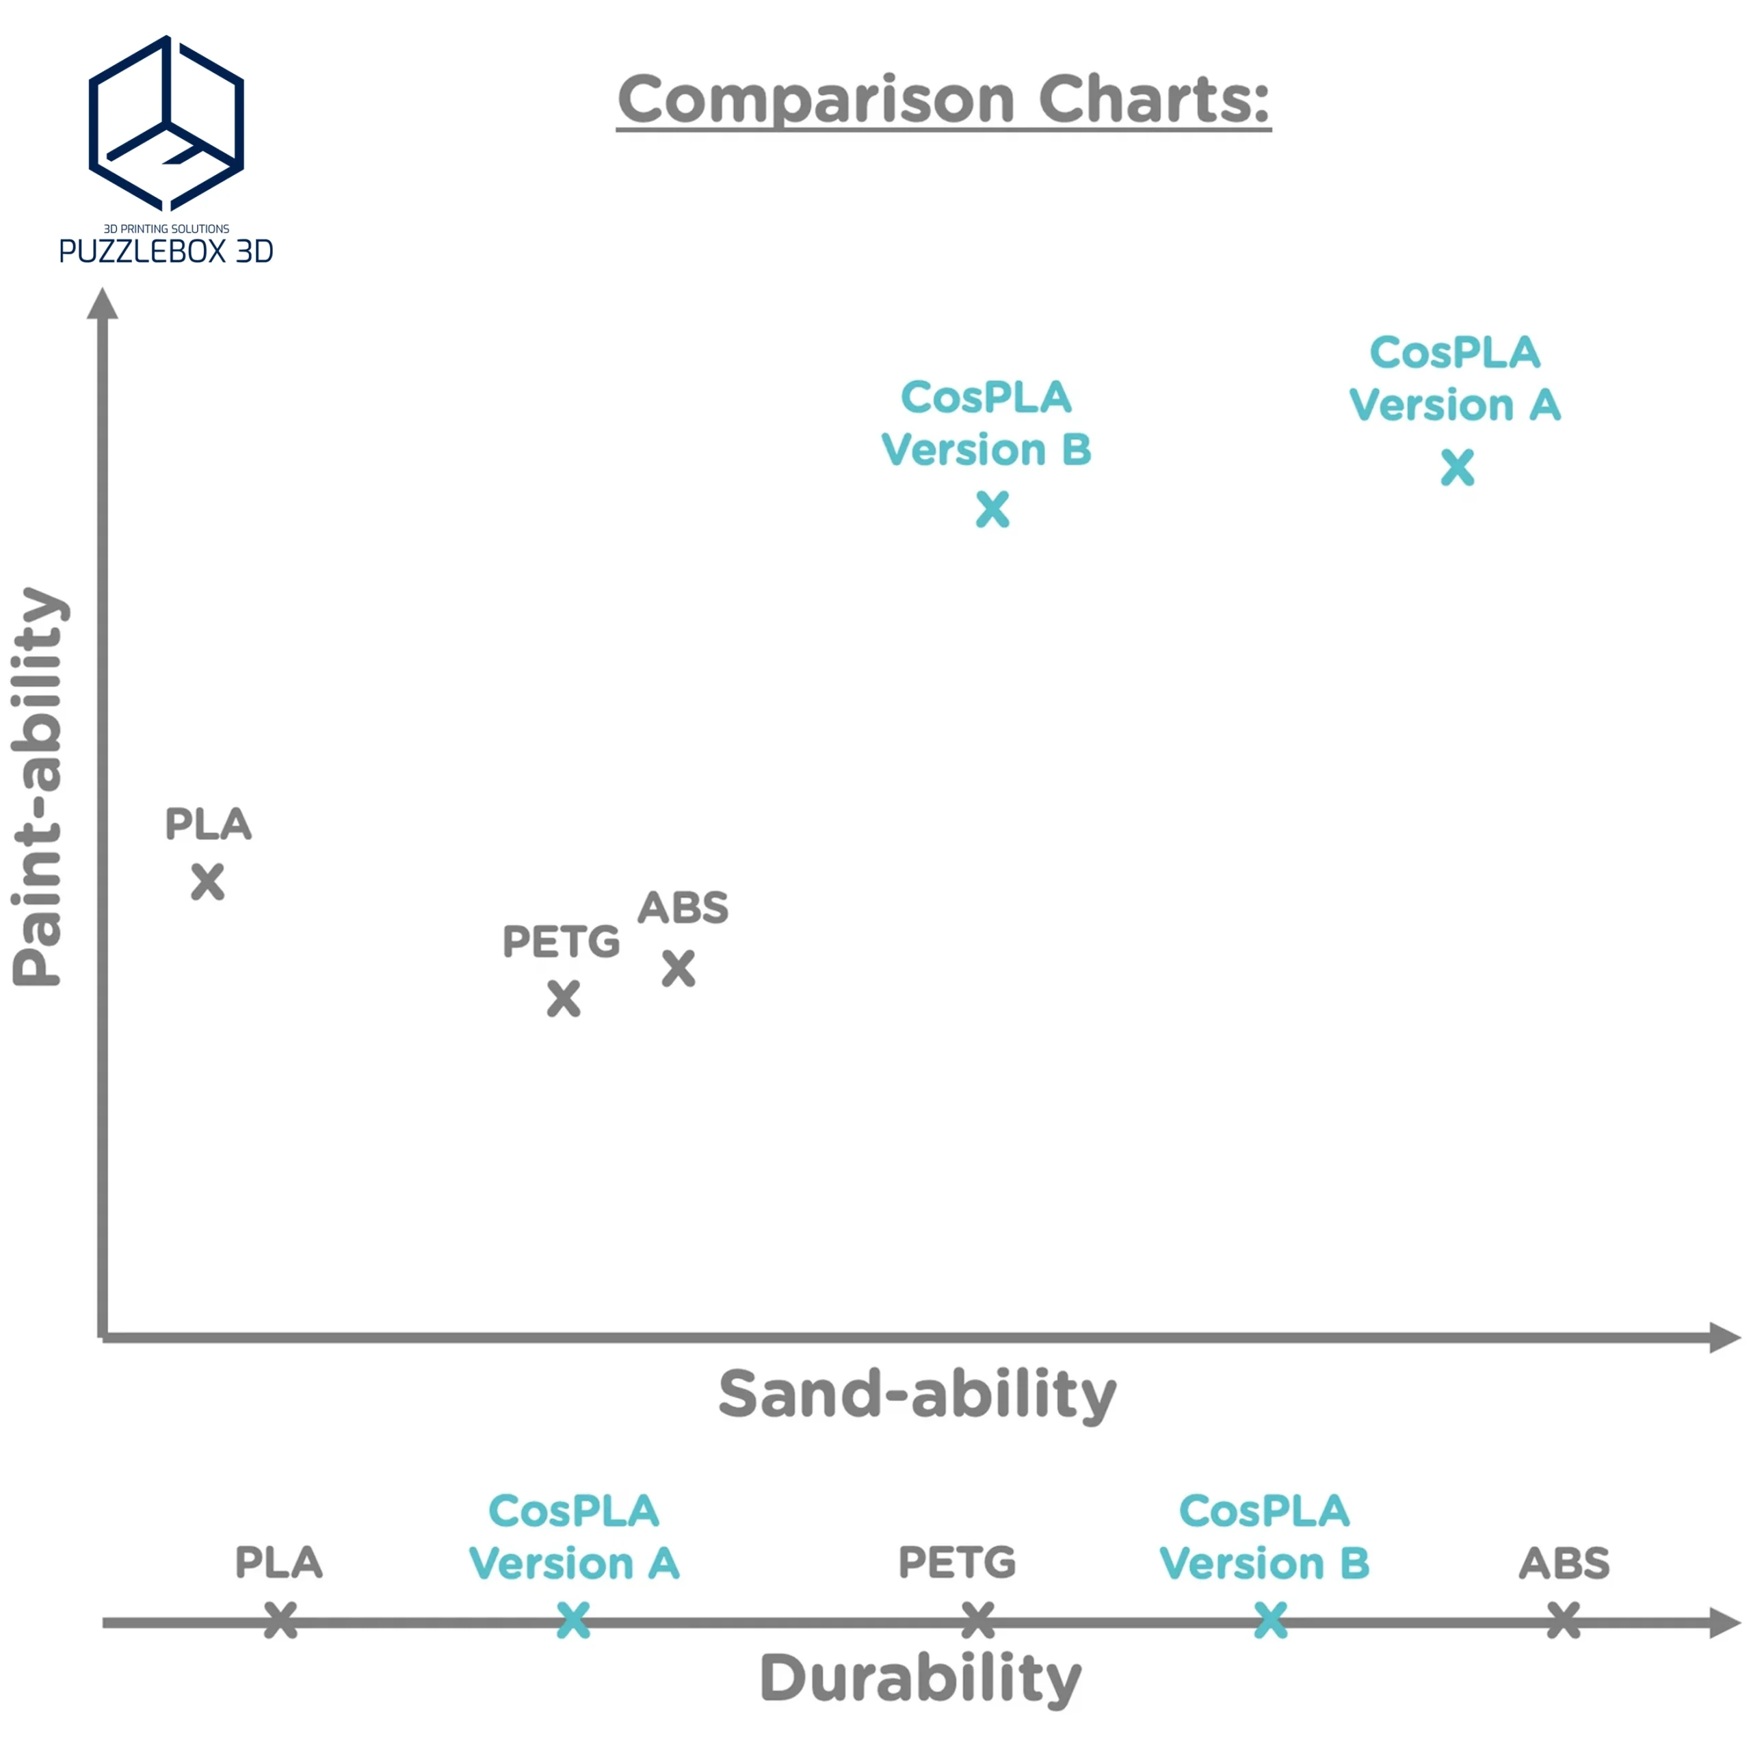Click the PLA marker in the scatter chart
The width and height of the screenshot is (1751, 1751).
click(207, 882)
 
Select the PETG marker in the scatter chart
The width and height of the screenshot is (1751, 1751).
click(564, 999)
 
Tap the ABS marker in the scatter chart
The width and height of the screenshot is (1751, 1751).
click(678, 968)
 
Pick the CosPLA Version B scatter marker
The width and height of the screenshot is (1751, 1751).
click(992, 510)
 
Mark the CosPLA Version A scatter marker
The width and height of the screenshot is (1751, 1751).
click(1458, 468)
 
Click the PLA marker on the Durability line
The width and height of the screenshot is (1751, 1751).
click(280, 1620)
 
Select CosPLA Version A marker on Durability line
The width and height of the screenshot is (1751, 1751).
click(572, 1620)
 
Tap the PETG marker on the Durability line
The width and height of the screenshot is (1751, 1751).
click(977, 1620)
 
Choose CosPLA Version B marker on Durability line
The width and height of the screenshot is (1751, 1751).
click(1271, 1620)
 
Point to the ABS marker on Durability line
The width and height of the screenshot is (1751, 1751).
click(1564, 1620)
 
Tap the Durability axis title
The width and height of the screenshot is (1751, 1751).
click(920, 1678)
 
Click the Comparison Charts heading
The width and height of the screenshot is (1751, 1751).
click(943, 100)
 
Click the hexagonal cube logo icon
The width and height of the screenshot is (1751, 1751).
click(166, 122)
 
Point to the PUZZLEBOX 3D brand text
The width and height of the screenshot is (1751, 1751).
click(166, 251)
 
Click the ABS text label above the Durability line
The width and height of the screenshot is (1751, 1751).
click(1564, 1564)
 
